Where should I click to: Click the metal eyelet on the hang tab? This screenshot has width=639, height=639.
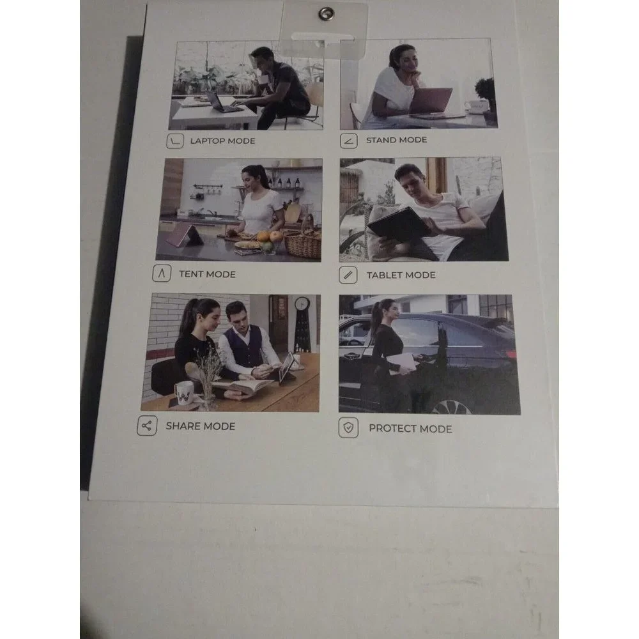click(x=326, y=14)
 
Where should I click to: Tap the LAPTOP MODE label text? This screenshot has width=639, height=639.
click(x=222, y=141)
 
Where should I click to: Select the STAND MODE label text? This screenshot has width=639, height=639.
click(x=397, y=140)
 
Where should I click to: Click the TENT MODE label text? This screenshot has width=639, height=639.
click(x=208, y=274)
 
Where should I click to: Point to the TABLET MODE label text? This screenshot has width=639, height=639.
click(x=401, y=275)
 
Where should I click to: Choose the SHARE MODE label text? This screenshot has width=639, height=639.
click(x=201, y=426)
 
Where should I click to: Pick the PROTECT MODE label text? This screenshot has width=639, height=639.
click(x=410, y=429)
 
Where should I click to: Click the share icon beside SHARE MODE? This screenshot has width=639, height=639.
click(x=147, y=426)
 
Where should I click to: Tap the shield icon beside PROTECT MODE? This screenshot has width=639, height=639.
click(x=348, y=428)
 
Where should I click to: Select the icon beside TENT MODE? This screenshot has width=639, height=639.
click(x=162, y=273)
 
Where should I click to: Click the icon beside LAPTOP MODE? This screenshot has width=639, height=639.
click(x=175, y=141)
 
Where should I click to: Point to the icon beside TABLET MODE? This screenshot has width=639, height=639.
click(x=348, y=275)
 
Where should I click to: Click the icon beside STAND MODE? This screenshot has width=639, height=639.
click(x=349, y=141)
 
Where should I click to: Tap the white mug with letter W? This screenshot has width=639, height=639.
click(x=184, y=393)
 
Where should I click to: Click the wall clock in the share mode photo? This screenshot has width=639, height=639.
click(x=302, y=303)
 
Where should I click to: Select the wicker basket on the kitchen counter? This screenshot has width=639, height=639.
click(x=302, y=243)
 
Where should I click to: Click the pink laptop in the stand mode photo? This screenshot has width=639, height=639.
click(x=431, y=100)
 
